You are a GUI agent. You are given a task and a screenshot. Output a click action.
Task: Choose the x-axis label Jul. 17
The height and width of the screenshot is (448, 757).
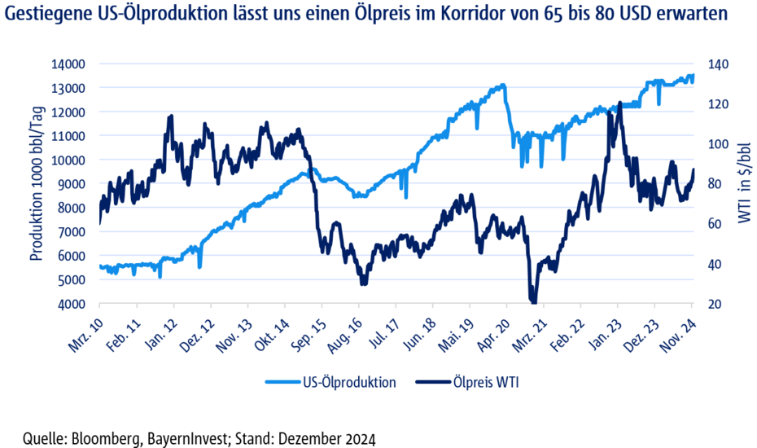(x=383, y=332)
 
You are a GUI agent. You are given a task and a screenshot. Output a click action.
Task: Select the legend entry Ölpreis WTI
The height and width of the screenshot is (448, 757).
(x=479, y=382)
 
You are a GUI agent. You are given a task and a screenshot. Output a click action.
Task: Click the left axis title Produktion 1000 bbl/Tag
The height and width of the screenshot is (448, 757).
(x=36, y=184)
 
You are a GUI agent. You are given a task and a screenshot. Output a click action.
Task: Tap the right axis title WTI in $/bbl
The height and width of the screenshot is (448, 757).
(x=743, y=184)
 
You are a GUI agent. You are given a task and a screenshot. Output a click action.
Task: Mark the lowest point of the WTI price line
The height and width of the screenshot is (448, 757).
(x=534, y=300)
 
